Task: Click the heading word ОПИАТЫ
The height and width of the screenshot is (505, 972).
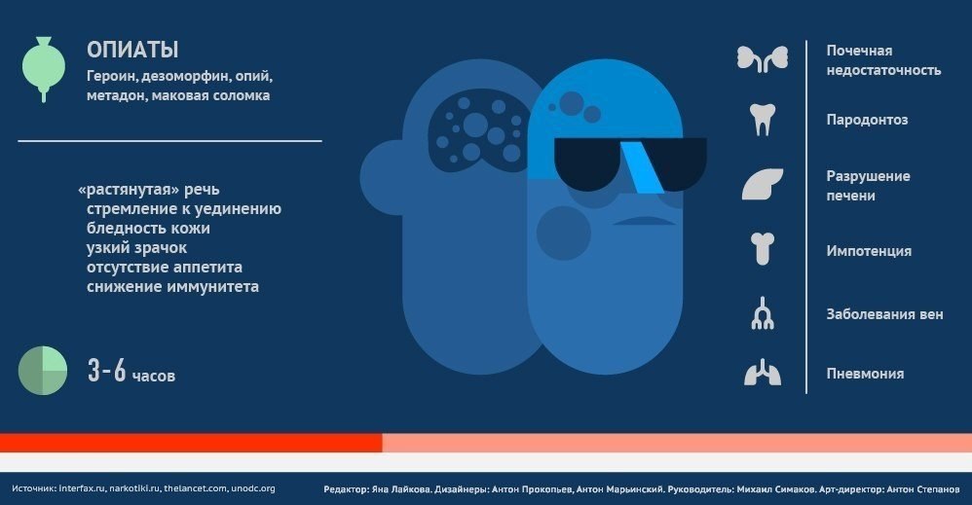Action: (x=132, y=50)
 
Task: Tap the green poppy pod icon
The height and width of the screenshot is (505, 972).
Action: (x=44, y=68)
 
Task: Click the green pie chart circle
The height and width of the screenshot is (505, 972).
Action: (x=43, y=371)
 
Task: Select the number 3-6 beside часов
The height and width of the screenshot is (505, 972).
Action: (x=106, y=371)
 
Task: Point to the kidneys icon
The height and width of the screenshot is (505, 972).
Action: (x=763, y=58)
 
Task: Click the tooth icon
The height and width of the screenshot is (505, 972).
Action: (x=763, y=119)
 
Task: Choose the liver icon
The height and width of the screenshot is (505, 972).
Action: (x=763, y=184)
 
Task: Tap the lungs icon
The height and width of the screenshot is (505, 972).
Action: (x=763, y=372)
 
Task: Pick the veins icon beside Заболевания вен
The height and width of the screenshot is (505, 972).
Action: (x=763, y=313)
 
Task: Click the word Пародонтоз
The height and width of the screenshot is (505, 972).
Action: (x=867, y=120)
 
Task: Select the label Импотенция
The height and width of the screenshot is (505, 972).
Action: (x=869, y=251)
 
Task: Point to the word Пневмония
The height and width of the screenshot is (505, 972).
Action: (x=865, y=374)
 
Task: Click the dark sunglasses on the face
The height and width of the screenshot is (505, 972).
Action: (x=630, y=163)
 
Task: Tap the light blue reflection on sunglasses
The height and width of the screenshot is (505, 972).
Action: (x=642, y=166)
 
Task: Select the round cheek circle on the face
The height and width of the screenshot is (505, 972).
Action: (x=564, y=233)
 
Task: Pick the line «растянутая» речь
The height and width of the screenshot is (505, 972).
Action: (x=149, y=189)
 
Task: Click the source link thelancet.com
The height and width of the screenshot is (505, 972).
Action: (x=195, y=488)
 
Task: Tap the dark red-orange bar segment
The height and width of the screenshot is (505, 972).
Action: (x=191, y=443)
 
